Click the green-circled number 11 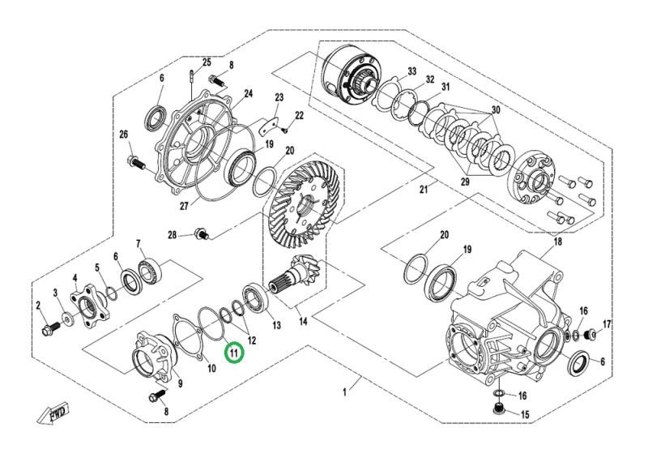click(234, 352)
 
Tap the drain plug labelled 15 click(500, 414)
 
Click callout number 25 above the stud click(207, 62)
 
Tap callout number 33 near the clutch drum click(412, 72)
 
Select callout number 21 click(424, 190)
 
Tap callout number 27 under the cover click(185, 206)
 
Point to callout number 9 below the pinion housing click(180, 383)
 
